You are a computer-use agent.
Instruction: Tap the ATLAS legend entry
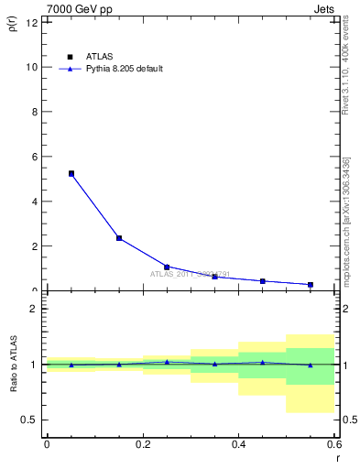(95, 57)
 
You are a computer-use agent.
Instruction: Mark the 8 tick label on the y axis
(33, 112)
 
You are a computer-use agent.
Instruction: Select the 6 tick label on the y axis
(33, 157)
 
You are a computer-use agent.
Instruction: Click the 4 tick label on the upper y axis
(33, 202)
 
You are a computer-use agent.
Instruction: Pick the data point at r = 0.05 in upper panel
(71, 173)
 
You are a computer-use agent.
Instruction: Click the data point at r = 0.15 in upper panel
(119, 238)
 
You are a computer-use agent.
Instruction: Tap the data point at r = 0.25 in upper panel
(167, 267)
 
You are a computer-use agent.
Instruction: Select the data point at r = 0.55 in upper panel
(311, 284)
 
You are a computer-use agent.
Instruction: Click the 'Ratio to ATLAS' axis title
(12, 365)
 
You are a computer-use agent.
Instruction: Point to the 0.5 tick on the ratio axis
(29, 420)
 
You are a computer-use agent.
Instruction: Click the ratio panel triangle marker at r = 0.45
(263, 362)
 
